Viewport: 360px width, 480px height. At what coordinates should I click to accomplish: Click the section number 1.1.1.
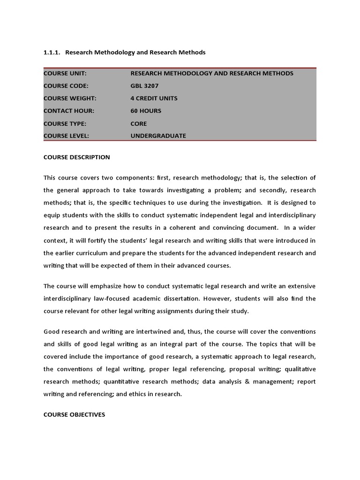(x=52, y=52)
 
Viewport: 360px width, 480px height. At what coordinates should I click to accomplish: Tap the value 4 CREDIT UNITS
(x=154, y=98)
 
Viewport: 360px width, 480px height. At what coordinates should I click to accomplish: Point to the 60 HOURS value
(x=146, y=111)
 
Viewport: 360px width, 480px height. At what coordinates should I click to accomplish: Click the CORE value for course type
(x=139, y=124)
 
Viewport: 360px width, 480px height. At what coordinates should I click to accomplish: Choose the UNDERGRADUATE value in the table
(x=158, y=136)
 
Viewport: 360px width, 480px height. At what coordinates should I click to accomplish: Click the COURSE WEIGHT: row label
(x=70, y=98)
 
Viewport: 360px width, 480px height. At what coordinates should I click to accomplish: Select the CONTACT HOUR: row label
(x=69, y=111)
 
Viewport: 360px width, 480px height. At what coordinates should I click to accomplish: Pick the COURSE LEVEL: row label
(x=66, y=136)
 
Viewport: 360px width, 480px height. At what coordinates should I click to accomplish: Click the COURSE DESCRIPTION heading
(x=77, y=157)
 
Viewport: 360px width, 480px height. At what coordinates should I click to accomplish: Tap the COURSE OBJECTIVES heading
(x=75, y=415)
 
